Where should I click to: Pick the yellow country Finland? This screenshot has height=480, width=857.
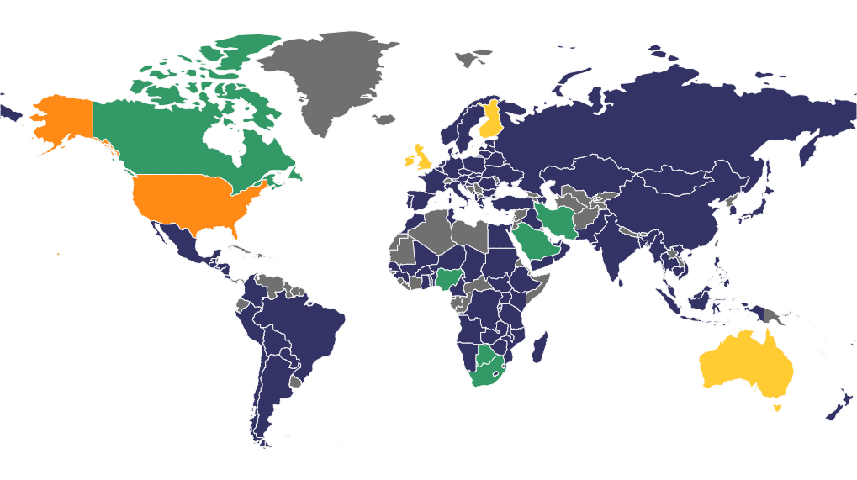click(x=489, y=122)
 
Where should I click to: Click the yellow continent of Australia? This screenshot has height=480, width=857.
click(x=744, y=361)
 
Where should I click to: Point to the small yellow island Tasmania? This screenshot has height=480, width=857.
click(x=777, y=407)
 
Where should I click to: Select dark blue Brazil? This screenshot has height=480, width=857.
click(x=311, y=328)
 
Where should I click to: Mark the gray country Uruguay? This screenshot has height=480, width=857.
click(x=294, y=382)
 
